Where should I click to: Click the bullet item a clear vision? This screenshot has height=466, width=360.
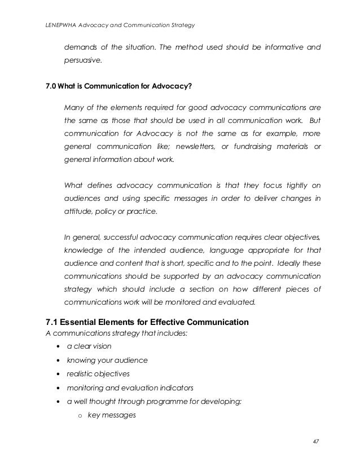[89, 346]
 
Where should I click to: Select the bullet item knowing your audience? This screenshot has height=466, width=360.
[107, 360]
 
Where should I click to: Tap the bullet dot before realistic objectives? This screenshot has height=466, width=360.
[59, 374]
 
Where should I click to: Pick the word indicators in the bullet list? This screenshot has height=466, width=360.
[174, 388]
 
